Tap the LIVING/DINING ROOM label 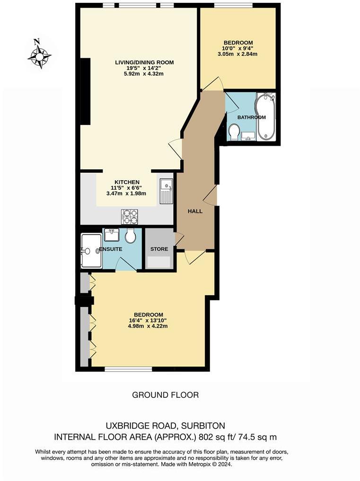click(x=145, y=62)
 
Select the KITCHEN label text click(x=127, y=182)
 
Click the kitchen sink click(x=166, y=191)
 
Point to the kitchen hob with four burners click(x=130, y=216)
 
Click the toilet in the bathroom click(x=234, y=132)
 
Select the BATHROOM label click(x=252, y=117)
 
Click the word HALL click(x=195, y=211)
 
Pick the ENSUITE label click(x=112, y=249)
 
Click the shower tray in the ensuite click(x=90, y=251)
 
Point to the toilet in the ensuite click(x=131, y=235)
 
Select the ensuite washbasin click(x=112, y=234)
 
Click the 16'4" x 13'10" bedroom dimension click(x=149, y=320)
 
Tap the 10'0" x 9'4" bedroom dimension click(x=238, y=48)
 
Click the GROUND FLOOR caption click(x=165, y=394)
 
